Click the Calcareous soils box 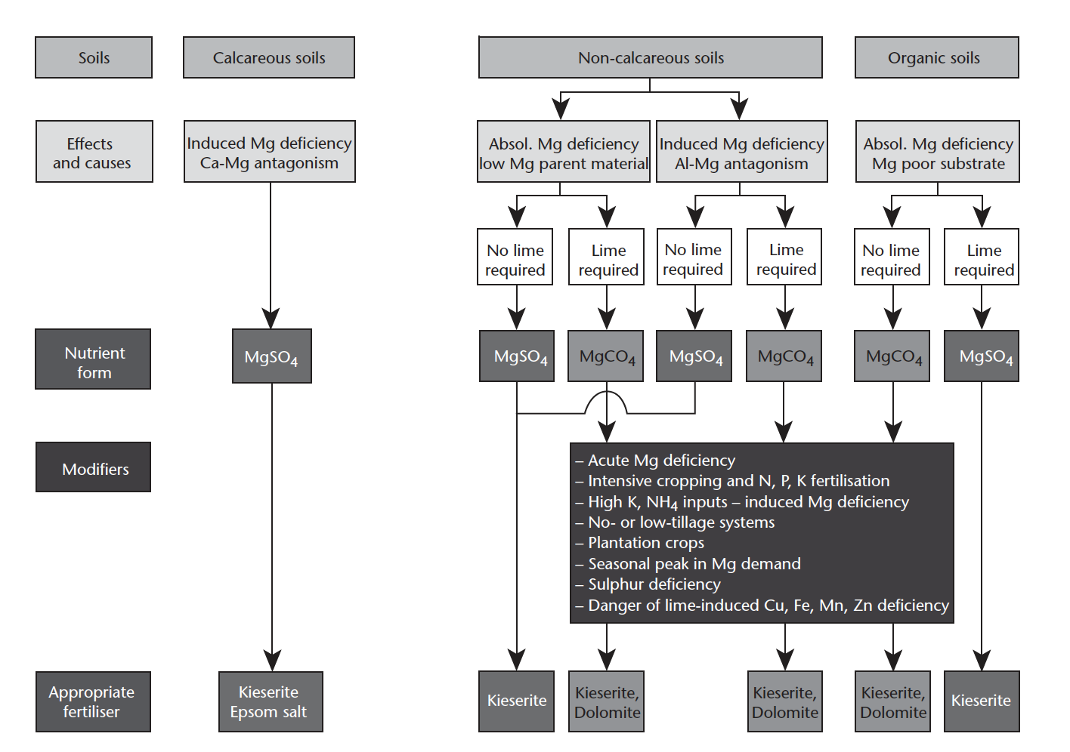(269, 57)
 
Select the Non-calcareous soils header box (650, 57)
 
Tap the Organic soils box (936, 57)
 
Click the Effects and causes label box (94, 151)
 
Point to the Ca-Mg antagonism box (270, 151)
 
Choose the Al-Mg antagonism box (741, 151)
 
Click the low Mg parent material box (563, 151)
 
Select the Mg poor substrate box (937, 151)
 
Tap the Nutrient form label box (93, 359)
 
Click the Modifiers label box (93, 467)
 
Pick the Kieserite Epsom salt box (271, 701)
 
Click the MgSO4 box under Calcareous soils (272, 356)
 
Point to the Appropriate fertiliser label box (93, 701)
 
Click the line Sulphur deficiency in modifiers (648, 584)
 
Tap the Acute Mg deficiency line (655, 461)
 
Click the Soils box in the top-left (94, 57)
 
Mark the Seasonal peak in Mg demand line (688, 564)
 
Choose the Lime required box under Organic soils (982, 257)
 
